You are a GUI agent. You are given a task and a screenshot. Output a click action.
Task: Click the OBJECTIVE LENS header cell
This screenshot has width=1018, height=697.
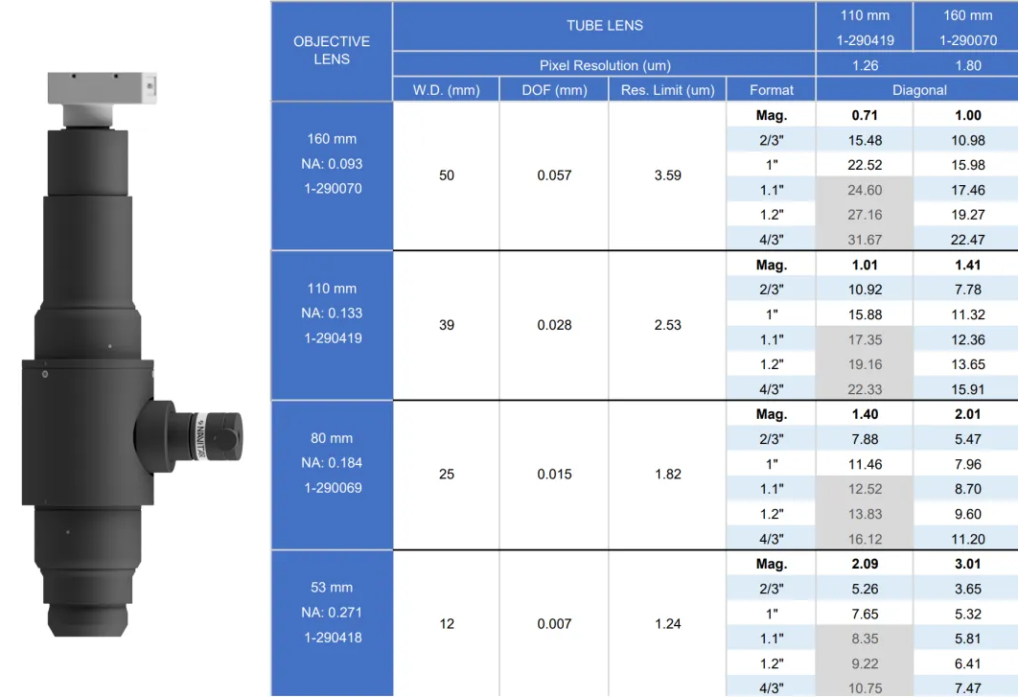[332, 51]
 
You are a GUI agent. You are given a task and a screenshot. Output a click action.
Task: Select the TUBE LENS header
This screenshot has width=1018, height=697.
[605, 25]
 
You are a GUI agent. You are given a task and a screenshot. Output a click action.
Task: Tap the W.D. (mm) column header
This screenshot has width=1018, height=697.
[446, 90]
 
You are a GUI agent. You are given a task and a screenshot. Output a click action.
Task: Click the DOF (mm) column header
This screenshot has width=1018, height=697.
[554, 90]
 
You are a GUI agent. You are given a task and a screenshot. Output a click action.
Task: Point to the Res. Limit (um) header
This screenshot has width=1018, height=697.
[667, 90]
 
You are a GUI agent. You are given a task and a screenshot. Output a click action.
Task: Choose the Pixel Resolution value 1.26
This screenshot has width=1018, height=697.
[865, 65]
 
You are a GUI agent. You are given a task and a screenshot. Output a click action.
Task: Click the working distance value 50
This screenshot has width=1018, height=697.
[447, 175]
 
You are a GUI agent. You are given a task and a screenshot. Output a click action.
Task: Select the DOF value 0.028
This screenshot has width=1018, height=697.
[554, 325]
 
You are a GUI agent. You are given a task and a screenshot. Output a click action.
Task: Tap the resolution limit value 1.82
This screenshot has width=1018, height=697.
[667, 475]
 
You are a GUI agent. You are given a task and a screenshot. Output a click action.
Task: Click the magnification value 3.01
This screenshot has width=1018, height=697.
[968, 564]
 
